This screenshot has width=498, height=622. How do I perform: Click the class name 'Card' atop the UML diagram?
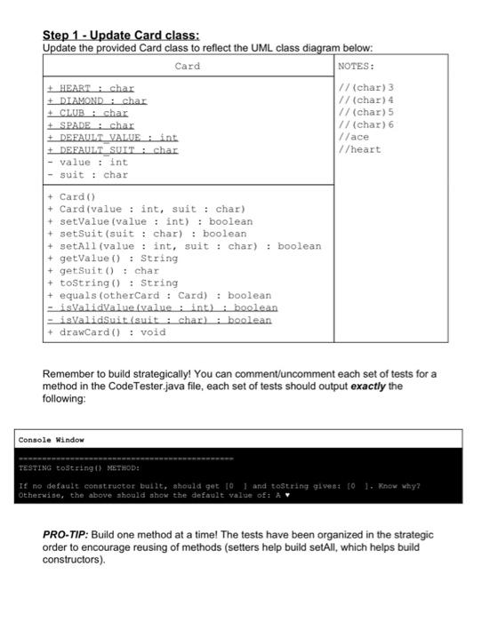pyautogui.click(x=188, y=67)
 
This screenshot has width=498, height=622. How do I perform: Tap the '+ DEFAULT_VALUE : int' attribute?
pyautogui.click(x=112, y=138)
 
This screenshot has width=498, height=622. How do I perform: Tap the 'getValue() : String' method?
pyautogui.click(x=112, y=259)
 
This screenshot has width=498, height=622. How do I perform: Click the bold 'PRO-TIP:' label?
pyautogui.click(x=70, y=535)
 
